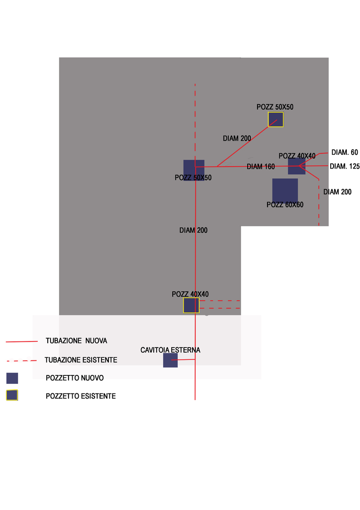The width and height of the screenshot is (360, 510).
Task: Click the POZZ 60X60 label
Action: [285, 205]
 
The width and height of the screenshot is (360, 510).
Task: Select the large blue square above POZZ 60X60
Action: [285, 190]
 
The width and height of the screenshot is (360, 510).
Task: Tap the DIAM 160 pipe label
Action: [260, 167]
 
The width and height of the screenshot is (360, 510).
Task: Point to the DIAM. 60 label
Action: [344, 153]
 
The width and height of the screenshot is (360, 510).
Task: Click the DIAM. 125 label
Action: [344, 166]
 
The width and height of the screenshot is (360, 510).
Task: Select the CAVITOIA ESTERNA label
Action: [170, 350]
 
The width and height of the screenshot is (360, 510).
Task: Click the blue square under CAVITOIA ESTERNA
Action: [170, 360]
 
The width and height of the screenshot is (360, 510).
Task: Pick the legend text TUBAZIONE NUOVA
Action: [76, 340]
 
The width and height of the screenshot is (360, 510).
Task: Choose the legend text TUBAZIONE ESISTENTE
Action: [81, 360]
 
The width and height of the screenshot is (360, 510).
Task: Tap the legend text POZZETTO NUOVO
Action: [75, 378]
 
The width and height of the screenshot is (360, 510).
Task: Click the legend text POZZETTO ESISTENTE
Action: [81, 396]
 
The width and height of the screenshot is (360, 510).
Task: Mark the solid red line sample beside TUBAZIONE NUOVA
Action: [21, 341]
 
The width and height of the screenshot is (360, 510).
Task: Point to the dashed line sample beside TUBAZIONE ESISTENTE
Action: [21, 361]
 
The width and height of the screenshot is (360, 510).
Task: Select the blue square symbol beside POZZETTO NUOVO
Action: [12, 378]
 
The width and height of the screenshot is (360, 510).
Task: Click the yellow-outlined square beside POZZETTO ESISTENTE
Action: [12, 395]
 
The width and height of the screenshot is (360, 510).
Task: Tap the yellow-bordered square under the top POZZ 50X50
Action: [276, 119]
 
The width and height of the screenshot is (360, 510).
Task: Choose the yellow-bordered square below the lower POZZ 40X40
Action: [191, 306]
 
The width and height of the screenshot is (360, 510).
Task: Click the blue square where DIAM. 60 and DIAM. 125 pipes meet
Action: [296, 166]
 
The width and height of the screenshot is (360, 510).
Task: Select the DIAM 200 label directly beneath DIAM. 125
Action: [337, 192]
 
